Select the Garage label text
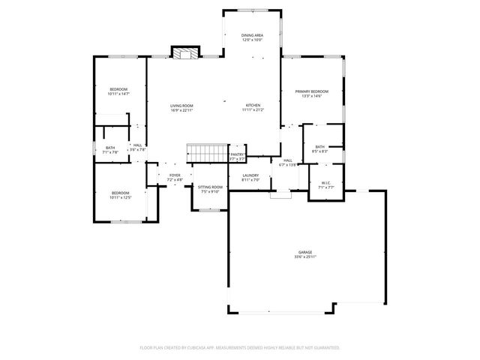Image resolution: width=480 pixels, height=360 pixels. click(304, 252)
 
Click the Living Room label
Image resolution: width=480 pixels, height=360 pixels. click(181, 106)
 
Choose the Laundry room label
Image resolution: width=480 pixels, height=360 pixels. click(250, 175)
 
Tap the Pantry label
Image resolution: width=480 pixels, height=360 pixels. click(237, 154)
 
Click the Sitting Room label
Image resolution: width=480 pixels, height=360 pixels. click(210, 187)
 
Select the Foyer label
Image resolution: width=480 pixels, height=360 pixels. click(174, 175)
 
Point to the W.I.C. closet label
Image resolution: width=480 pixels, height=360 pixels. click(325, 182)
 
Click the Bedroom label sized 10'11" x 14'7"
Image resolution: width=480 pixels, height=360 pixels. click(118, 89)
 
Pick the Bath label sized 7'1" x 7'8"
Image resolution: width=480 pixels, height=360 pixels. click(110, 148)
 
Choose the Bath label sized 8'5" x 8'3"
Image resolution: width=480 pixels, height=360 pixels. click(319, 147)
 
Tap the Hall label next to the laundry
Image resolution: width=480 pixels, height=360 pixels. click(287, 160)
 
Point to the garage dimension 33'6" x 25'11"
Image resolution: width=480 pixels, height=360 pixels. click(304, 257)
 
